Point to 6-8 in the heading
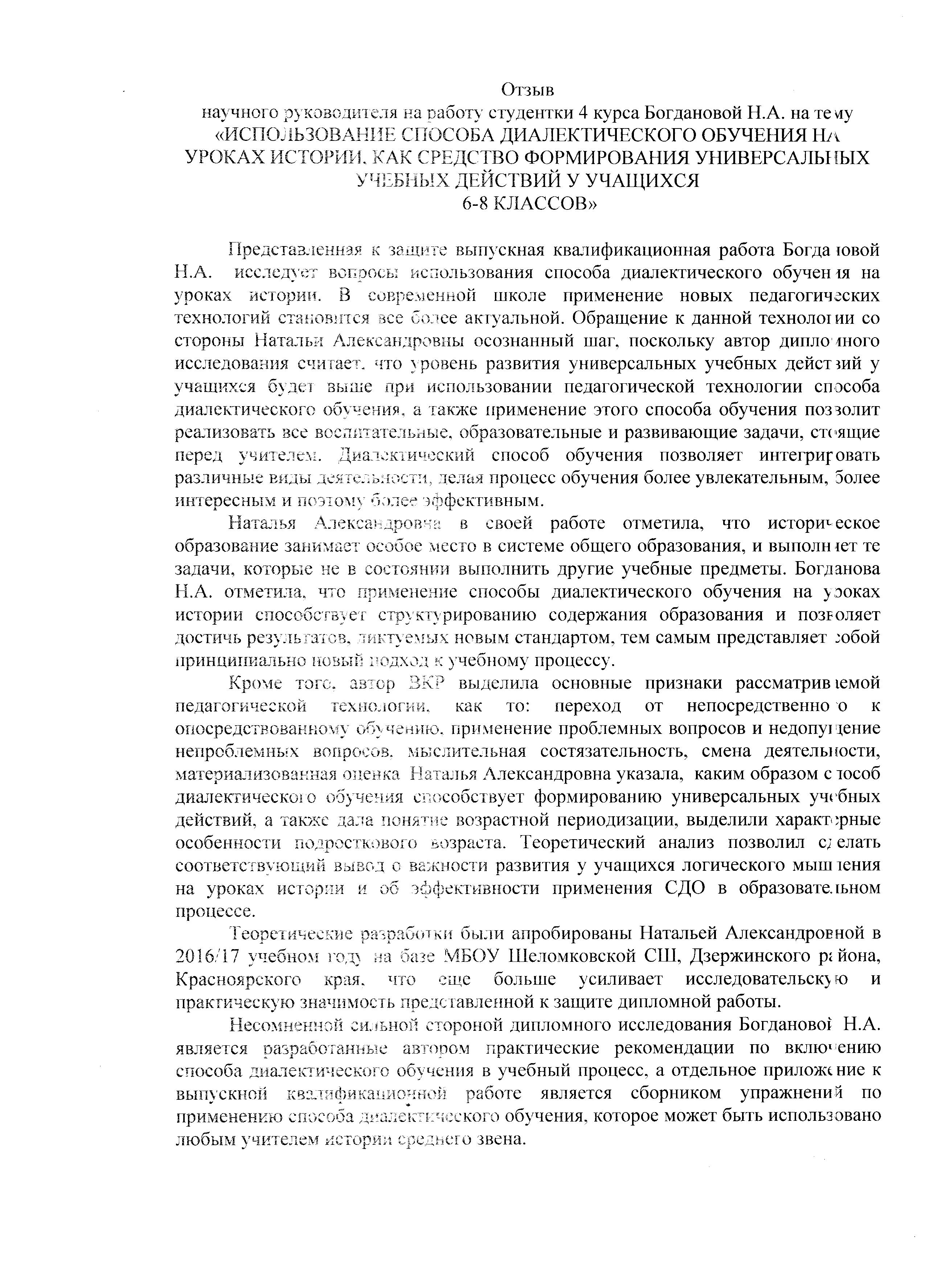pos(475,204)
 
